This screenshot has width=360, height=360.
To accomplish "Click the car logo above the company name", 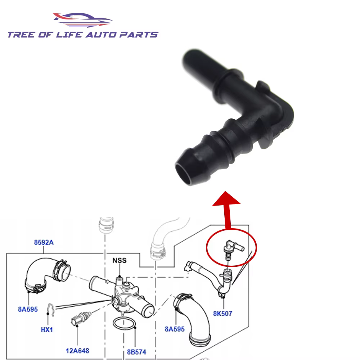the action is pyautogui.click(x=83, y=20).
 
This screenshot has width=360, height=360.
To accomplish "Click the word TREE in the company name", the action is pyautogui.click(x=21, y=35).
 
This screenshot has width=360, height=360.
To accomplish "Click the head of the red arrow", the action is pyautogui.click(x=226, y=199).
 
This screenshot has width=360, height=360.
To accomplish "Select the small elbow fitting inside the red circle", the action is pyautogui.click(x=233, y=249).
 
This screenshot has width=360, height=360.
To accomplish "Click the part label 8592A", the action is pyautogui.click(x=44, y=242).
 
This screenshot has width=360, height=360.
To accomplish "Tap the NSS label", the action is pyautogui.click(x=120, y=260).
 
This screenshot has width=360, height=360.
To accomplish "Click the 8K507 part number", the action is pyautogui.click(x=222, y=314).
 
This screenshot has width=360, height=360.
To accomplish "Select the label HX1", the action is pyautogui.click(x=47, y=330).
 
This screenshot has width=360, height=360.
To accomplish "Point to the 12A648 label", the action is pyautogui.click(x=77, y=351).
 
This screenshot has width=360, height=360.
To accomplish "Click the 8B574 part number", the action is pyautogui.click(x=136, y=352).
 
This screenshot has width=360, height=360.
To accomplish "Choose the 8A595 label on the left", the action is pyautogui.click(x=28, y=309).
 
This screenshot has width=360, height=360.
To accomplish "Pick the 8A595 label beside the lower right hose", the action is pyautogui.click(x=175, y=329).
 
